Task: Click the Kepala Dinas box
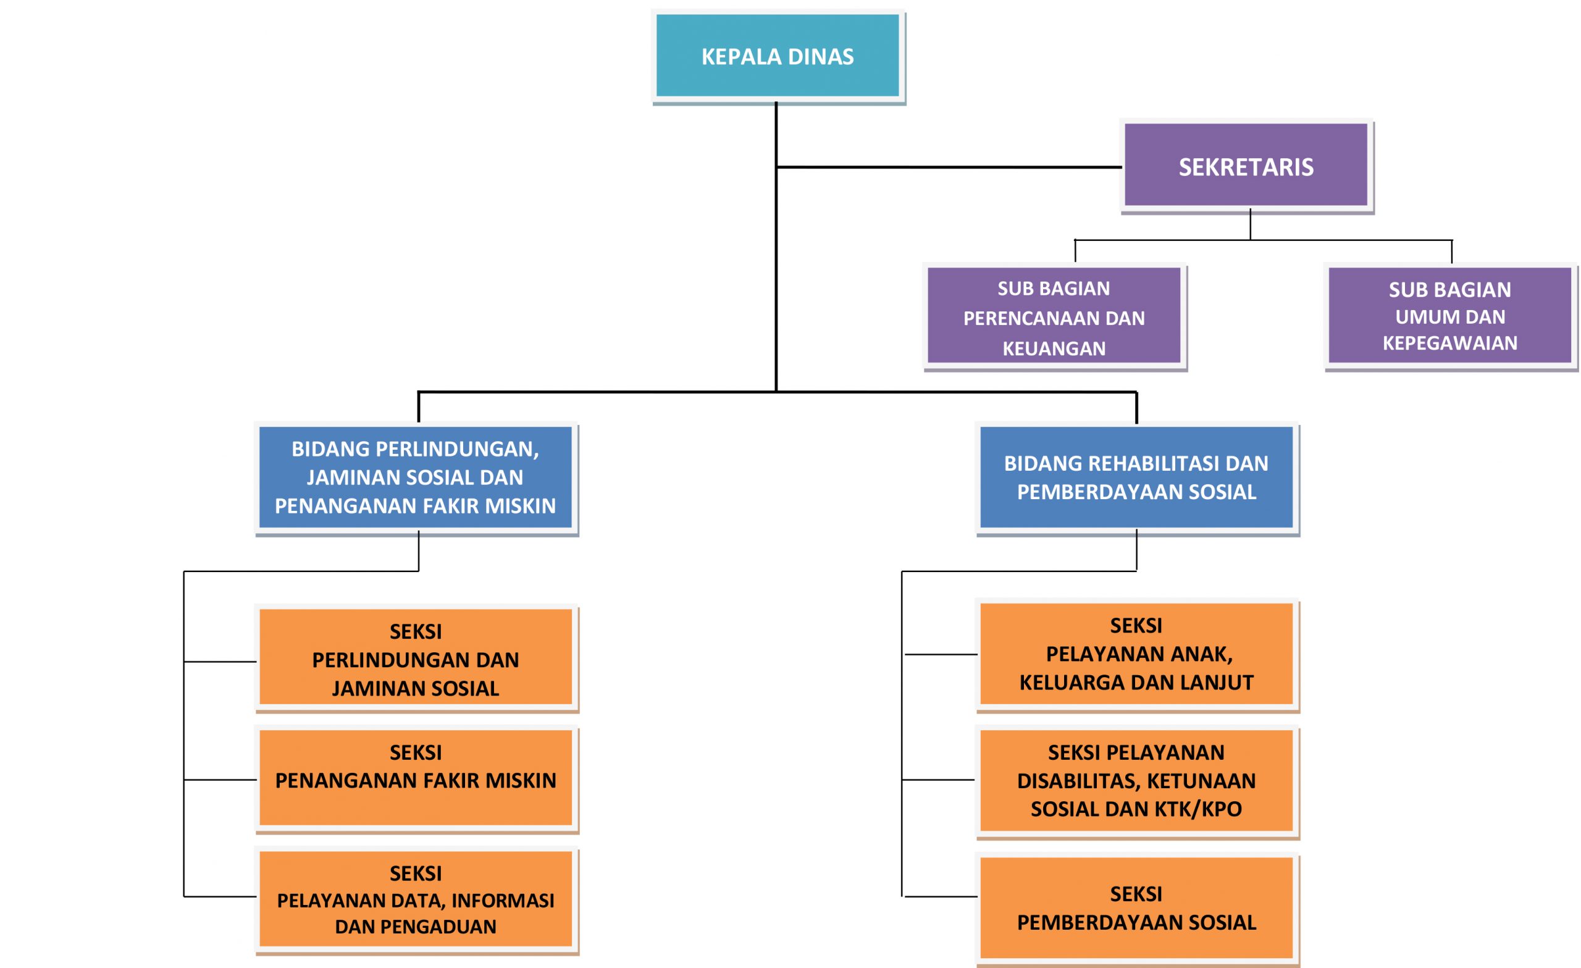(x=777, y=56)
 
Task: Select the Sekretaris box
(x=1246, y=166)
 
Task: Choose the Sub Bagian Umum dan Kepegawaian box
(x=1449, y=316)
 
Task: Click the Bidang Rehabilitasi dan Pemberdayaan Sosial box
(x=1136, y=477)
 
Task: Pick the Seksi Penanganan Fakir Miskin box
(x=415, y=778)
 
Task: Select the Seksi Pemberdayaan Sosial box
(x=1136, y=907)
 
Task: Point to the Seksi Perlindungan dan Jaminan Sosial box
(x=415, y=659)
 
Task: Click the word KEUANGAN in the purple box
(x=1054, y=348)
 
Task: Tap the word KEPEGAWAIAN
(x=1449, y=343)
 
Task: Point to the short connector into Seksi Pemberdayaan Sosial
(x=940, y=896)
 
